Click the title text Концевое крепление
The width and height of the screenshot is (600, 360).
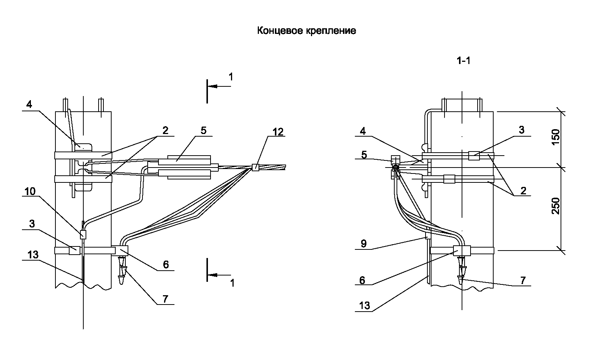[307, 31]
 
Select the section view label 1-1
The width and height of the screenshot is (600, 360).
[463, 61]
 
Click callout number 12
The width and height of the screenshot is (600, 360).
[277, 131]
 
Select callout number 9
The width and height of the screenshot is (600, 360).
[363, 243]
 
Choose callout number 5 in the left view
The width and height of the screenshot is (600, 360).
[203, 130]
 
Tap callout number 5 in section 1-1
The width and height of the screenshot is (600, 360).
[364, 154]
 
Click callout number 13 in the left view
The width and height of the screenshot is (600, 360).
[33, 255]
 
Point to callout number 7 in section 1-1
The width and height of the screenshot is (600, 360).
[523, 280]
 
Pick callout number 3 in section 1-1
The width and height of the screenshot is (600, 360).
[522, 130]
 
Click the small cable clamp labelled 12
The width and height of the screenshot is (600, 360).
[255, 167]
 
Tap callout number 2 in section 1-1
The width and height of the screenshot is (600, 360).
[523, 191]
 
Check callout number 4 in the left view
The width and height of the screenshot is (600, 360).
[29, 104]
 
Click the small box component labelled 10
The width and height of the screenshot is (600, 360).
[83, 235]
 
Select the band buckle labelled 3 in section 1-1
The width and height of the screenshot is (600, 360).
[474, 156]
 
